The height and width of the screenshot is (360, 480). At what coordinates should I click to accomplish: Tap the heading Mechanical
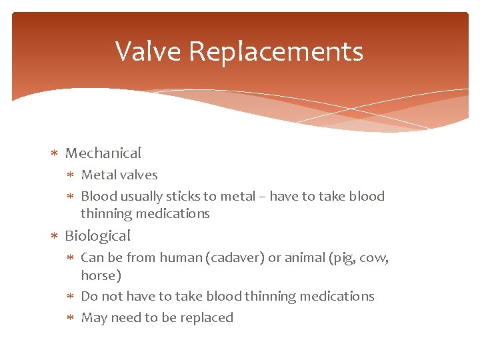(x=103, y=153)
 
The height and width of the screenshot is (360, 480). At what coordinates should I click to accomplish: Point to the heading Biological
(x=97, y=236)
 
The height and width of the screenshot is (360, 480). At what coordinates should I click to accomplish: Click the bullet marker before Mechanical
(x=55, y=154)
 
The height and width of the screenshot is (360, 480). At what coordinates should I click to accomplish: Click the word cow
(x=375, y=258)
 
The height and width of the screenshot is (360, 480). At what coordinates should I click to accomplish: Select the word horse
(x=101, y=275)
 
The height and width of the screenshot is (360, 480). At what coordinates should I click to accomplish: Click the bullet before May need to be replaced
(x=71, y=318)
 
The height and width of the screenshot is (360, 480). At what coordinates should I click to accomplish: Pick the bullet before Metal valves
(x=71, y=175)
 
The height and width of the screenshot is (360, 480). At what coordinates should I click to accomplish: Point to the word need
(x=127, y=318)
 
